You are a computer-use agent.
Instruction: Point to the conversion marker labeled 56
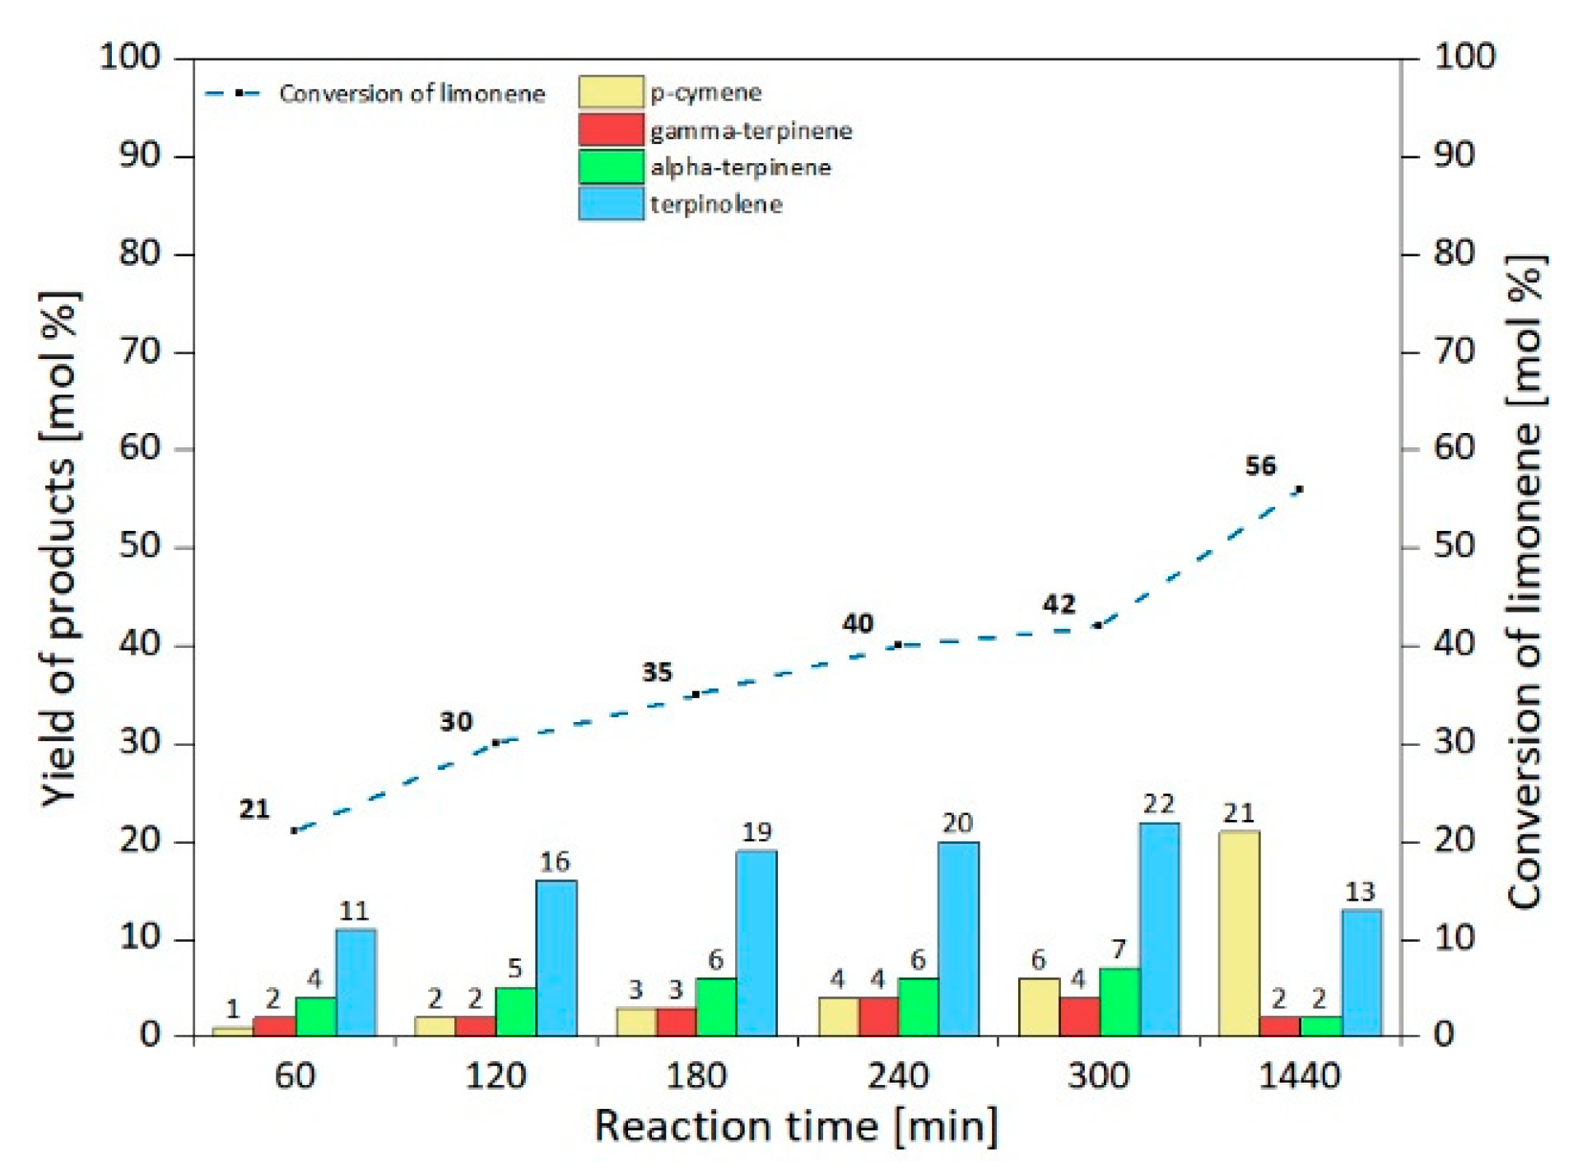[1300, 489]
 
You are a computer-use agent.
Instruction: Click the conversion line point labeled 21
[295, 830]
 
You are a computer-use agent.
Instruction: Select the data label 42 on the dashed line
[1059, 604]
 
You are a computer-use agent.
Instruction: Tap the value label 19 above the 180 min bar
[756, 832]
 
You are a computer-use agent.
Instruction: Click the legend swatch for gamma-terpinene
[611, 130]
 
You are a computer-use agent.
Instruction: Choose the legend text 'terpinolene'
[716, 204]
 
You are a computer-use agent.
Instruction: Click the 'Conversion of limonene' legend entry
[412, 94]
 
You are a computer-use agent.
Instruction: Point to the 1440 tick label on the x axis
[1300, 1076]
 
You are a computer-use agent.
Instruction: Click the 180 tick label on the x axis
[696, 1076]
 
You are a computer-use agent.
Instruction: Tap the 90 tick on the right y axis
[1454, 155]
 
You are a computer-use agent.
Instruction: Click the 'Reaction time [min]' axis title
[796, 1125]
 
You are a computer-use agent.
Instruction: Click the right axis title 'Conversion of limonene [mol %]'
[1525, 580]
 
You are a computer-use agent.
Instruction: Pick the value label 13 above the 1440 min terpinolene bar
[1360, 892]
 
